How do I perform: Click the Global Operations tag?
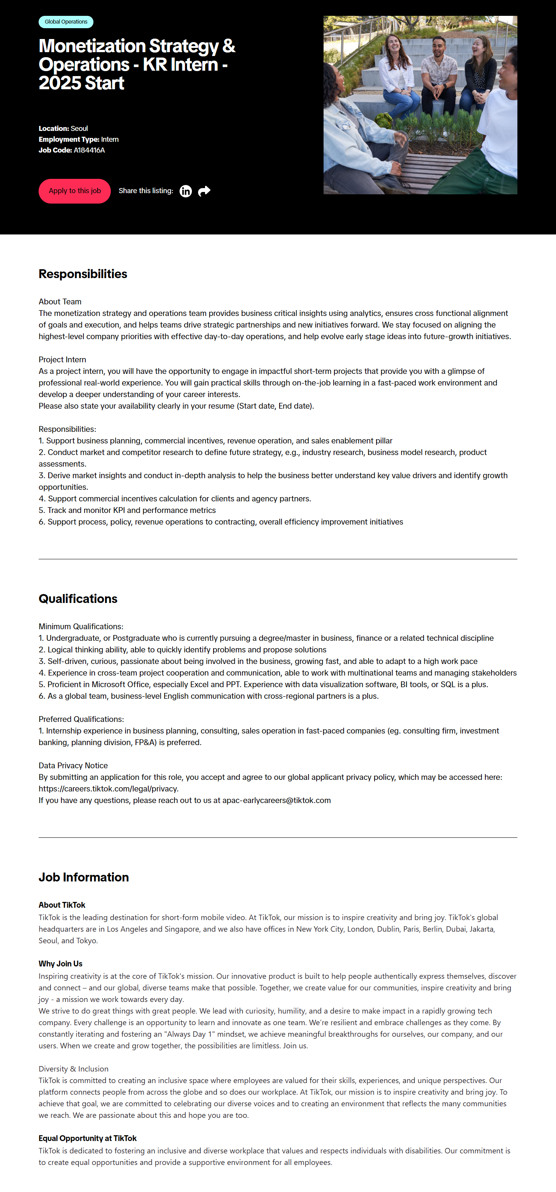66,22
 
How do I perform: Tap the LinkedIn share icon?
185,191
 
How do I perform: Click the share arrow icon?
204,191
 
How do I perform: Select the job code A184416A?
89,150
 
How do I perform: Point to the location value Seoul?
79,129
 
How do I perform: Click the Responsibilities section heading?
83,274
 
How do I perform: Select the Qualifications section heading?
78,599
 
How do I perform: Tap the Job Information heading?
84,877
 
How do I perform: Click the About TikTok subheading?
62,905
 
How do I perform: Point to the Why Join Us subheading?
61,964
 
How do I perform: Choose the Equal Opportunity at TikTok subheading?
87,1138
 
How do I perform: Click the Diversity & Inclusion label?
73,1069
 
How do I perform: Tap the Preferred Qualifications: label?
81,720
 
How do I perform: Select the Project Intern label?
63,360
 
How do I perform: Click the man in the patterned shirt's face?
439,47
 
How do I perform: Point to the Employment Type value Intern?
110,140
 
